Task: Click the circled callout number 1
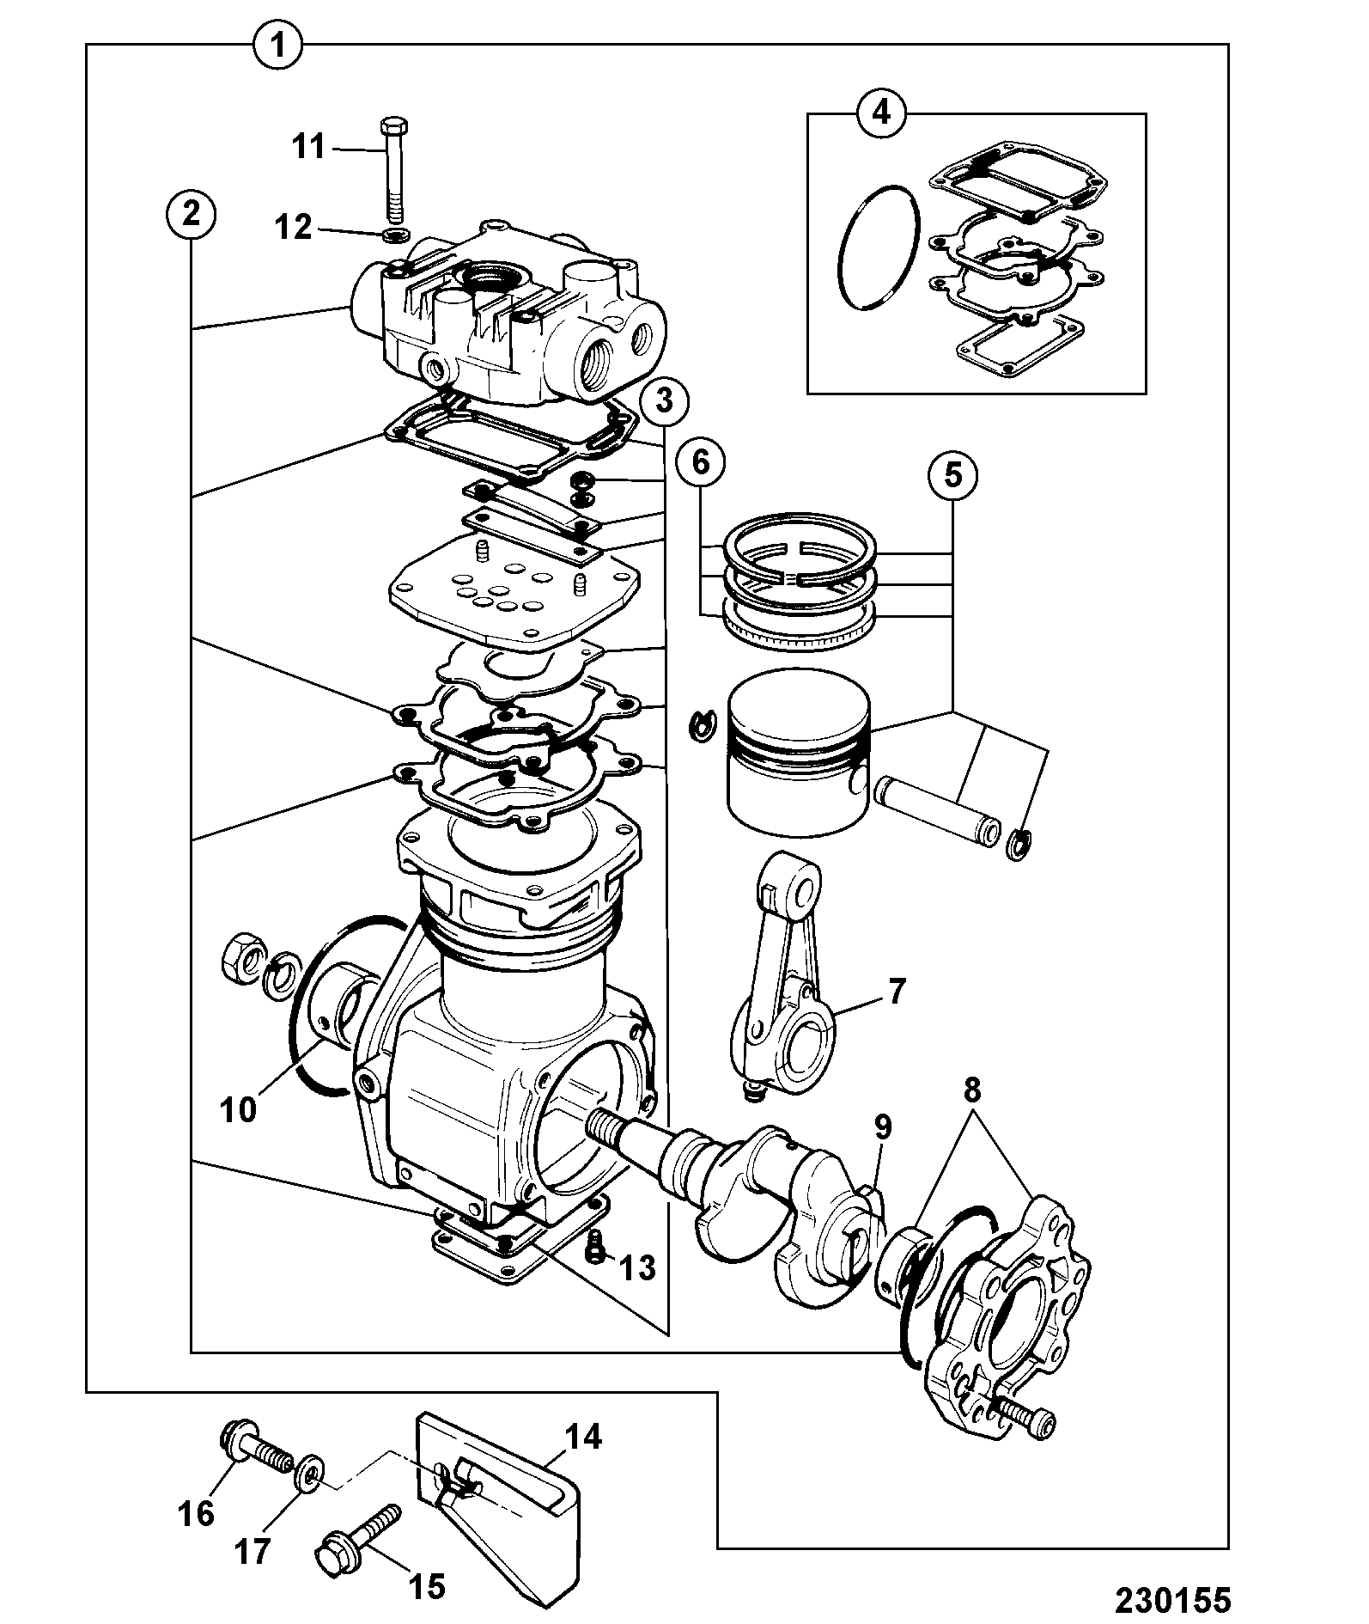pos(277,45)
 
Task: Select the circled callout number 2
pos(190,214)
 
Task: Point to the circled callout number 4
pos(882,113)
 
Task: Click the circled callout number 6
pos(700,463)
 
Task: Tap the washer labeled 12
pos(395,235)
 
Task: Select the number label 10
pos(238,1109)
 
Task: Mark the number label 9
pos(885,1126)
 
